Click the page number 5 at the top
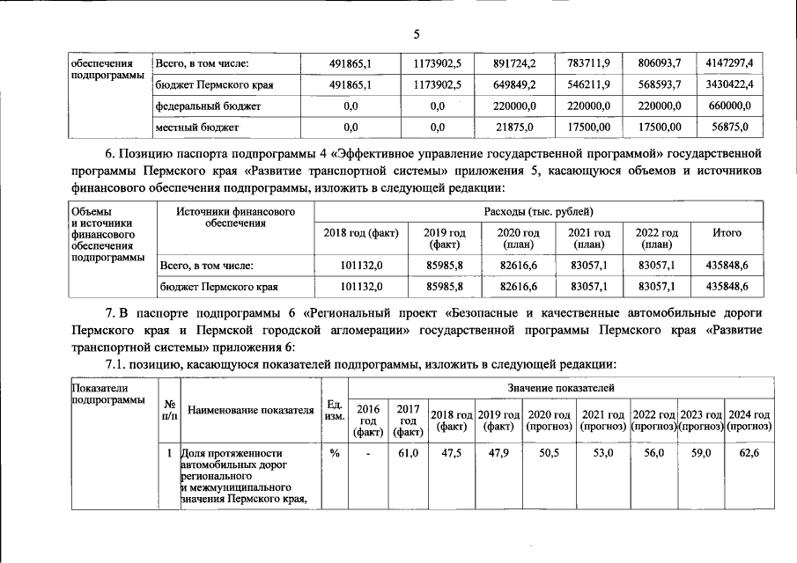417,34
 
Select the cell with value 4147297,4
728,63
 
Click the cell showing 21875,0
515,128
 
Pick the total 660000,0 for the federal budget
728,106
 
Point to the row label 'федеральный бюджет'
208,106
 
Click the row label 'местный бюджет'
197,128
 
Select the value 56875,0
728,128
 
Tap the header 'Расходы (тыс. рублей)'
539,212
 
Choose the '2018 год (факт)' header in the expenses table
361,233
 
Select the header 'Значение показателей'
561,387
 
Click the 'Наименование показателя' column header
251,410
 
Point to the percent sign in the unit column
335,454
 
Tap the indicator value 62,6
749,454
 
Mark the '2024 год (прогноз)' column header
749,420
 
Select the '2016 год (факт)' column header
368,420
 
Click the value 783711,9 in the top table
589,63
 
